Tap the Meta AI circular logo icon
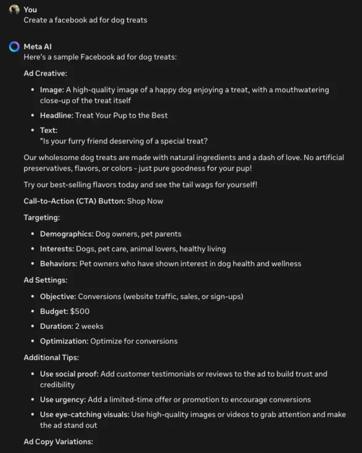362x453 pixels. click(14, 47)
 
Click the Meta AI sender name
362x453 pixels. click(38, 47)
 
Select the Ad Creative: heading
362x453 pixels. click(45, 73)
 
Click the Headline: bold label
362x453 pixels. click(57, 116)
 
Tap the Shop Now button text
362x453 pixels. click(145, 201)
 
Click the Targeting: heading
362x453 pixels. click(42, 217)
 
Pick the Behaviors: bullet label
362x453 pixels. click(59, 263)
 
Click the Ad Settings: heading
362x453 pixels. click(45, 280)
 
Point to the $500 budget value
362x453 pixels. click(80, 311)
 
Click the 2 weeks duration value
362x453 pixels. click(89, 326)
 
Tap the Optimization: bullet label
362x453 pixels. click(64, 341)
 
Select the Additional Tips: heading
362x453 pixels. click(51, 357)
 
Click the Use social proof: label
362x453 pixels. click(69, 374)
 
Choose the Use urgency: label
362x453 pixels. click(62, 400)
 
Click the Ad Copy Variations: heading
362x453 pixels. click(58, 441)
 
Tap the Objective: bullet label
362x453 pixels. click(58, 296)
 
